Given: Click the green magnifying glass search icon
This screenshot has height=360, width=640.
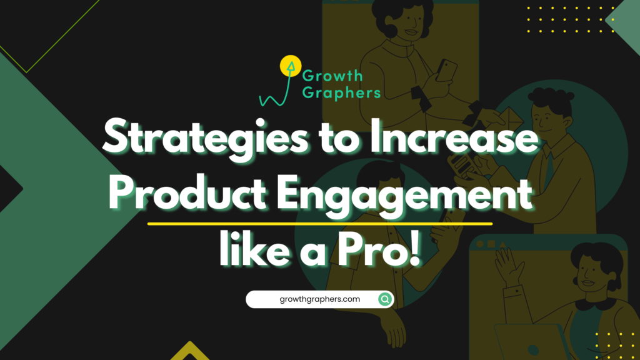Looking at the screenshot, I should click(x=385, y=299).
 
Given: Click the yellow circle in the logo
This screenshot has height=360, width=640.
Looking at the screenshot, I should click(x=289, y=65).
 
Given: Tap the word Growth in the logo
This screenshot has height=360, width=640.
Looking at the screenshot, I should click(x=332, y=76).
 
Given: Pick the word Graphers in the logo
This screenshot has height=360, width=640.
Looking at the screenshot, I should click(x=341, y=92).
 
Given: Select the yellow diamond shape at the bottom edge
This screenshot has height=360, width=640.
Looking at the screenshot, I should click(x=190, y=352).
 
